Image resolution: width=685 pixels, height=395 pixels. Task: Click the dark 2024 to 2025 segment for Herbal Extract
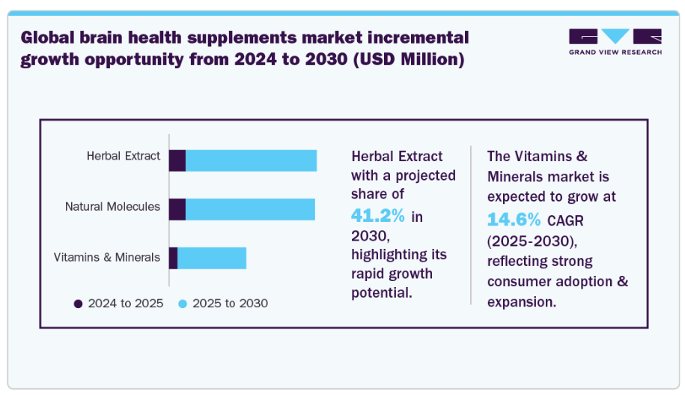177,160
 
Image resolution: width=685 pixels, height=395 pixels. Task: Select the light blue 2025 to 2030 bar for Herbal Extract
251,160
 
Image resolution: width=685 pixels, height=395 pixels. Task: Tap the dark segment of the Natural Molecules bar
177,209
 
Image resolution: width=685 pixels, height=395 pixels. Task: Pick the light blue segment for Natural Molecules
250,209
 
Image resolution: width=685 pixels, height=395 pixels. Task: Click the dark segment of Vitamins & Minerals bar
174,257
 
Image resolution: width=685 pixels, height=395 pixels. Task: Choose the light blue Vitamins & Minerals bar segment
212,257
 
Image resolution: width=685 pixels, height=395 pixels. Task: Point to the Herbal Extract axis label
124,156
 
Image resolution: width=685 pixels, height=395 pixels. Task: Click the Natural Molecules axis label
112,206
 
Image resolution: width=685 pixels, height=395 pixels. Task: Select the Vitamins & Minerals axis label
107,257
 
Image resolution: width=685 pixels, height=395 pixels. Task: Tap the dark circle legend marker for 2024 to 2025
78,304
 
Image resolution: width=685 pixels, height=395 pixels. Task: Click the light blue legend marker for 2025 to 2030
183,304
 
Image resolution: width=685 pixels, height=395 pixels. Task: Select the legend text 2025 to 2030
230,304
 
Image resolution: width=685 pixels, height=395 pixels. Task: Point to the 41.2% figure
378,216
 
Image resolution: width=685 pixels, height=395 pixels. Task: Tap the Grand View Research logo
615,42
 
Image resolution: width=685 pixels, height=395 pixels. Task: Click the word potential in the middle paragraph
382,292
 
